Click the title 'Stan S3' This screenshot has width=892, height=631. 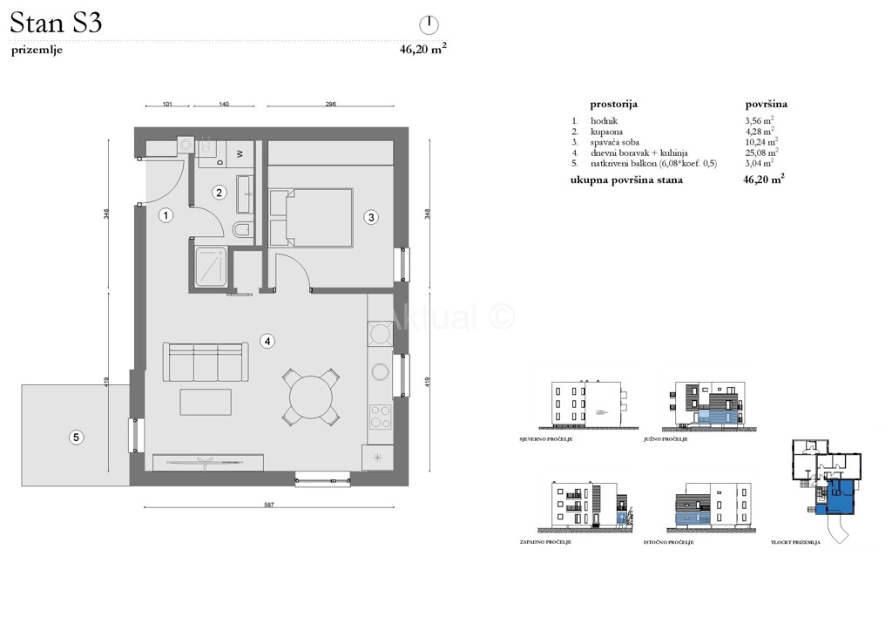coord(57,23)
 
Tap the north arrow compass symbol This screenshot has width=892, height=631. coord(428,24)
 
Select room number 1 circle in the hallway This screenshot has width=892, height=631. coord(166,215)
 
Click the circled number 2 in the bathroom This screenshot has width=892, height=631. coord(220,193)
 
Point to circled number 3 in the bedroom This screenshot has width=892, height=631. coord(370,217)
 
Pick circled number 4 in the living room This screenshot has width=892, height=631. coord(269,342)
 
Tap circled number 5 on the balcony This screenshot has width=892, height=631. coord(77,438)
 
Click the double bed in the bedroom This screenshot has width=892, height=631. coord(311,218)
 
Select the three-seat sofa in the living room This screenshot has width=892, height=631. coord(205,362)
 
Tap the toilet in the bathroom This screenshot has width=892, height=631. coord(244,230)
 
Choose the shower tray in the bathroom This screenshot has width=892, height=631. coord(211,268)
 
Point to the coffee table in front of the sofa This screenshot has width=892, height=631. coord(206,403)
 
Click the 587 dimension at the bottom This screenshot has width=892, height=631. coord(268,505)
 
